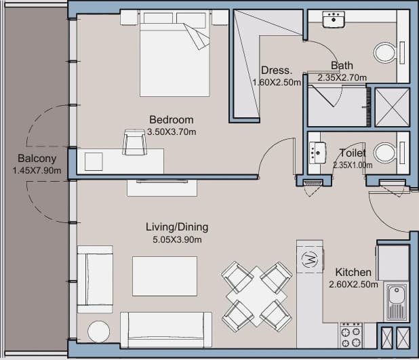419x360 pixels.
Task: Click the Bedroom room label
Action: (172, 120)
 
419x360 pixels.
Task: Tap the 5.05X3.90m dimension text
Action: (177, 240)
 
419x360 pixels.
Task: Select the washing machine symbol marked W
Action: (309, 259)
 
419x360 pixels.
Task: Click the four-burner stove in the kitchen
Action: (351, 336)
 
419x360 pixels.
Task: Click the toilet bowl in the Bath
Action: (384, 53)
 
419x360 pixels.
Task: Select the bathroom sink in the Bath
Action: (334, 19)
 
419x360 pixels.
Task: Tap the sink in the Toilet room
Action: (317, 153)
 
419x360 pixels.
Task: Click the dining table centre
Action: (257, 296)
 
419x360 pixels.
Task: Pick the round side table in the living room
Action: (98, 332)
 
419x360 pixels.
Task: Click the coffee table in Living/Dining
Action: (165, 276)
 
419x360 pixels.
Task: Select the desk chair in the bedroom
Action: (135, 142)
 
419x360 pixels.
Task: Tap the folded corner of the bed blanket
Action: (197, 36)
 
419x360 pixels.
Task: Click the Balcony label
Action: (37, 159)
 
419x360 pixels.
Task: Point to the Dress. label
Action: (277, 71)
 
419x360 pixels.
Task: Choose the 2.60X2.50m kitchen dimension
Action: (353, 284)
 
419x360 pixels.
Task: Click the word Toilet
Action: (353, 153)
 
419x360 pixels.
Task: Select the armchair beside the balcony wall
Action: (95, 279)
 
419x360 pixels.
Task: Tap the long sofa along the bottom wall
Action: (166, 329)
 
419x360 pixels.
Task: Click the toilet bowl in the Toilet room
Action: (385, 153)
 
